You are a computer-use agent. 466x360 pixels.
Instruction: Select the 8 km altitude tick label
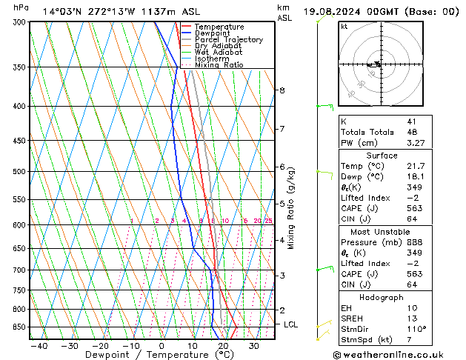tap(282, 90)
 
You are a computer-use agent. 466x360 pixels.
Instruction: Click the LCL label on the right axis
tap(292, 324)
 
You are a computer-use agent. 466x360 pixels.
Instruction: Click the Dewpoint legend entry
tap(213, 33)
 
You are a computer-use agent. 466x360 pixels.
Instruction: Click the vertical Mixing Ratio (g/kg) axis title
tap(291, 208)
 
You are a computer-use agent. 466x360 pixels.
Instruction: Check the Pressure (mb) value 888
tap(413, 242)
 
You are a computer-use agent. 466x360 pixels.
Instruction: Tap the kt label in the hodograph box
tap(344, 27)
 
